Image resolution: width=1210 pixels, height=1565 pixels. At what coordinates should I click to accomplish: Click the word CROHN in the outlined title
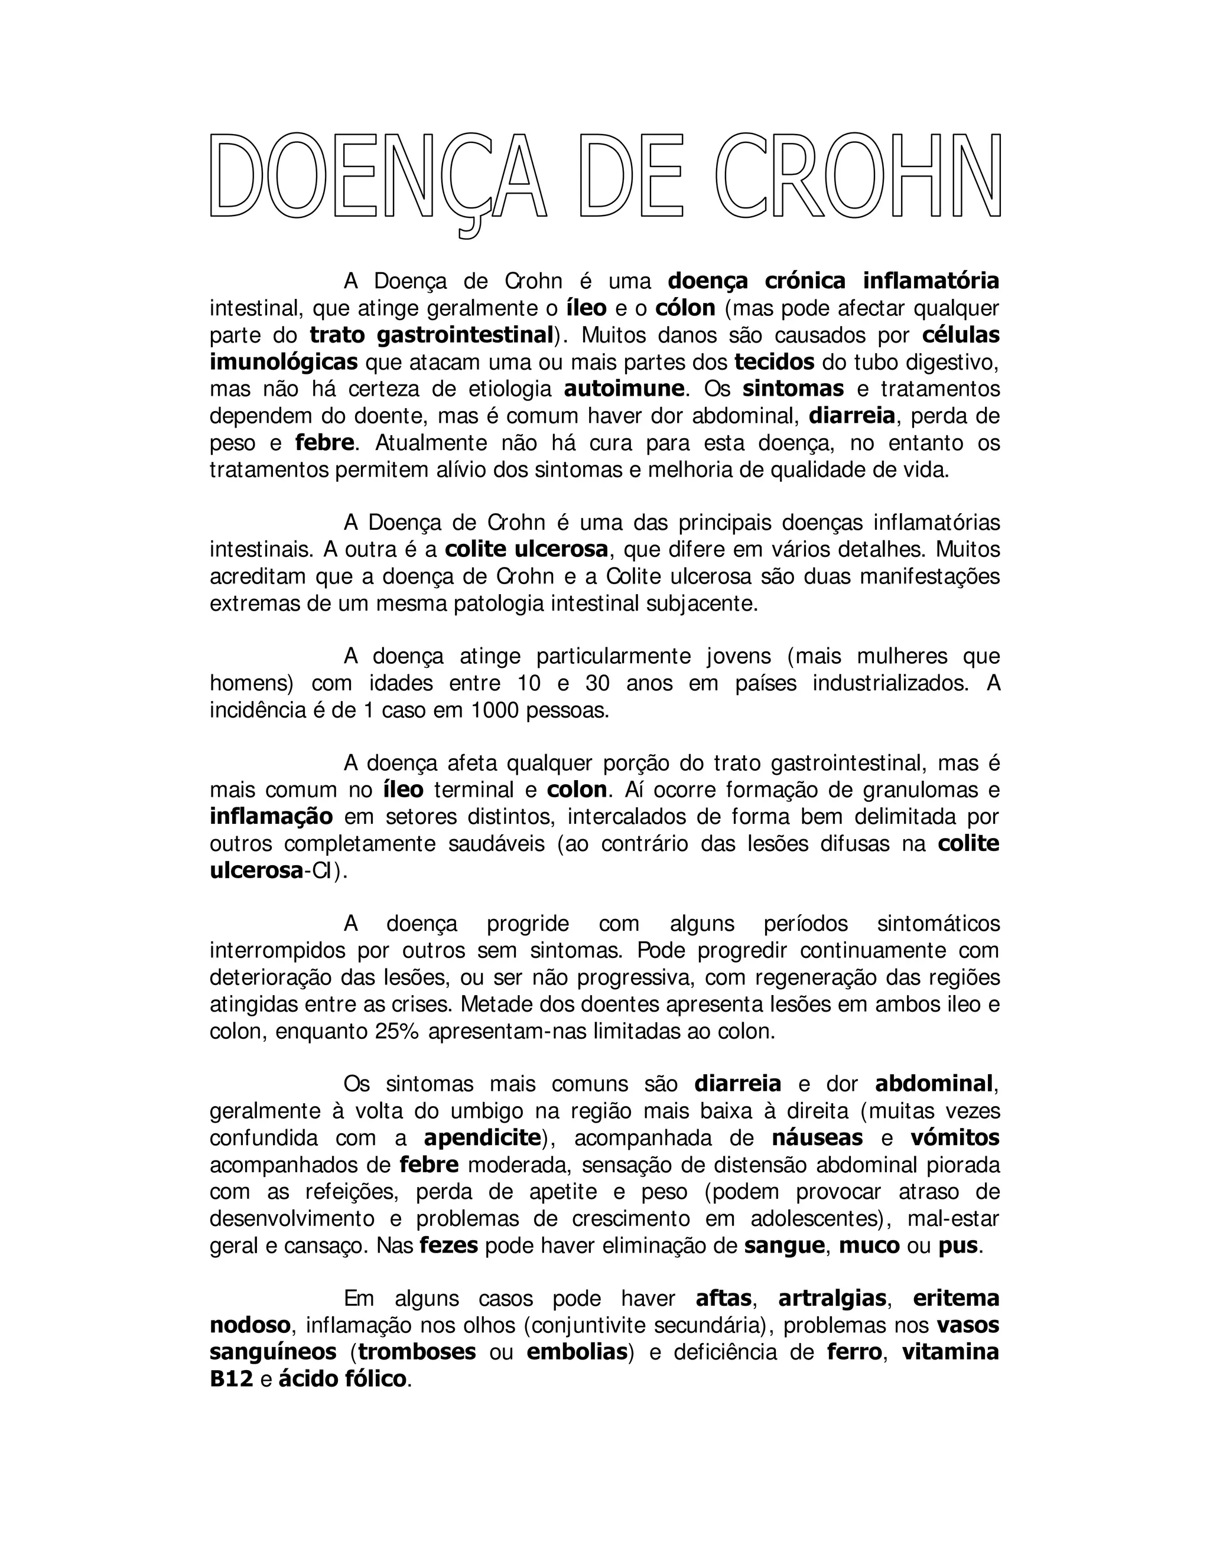pyautogui.click(x=857, y=175)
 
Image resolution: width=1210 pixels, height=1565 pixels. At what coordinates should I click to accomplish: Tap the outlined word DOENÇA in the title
pyautogui.click(x=378, y=175)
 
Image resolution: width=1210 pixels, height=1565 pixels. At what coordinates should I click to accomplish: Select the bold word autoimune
pyautogui.click(x=624, y=389)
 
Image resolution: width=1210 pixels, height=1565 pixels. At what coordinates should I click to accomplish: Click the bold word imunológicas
pyautogui.click(x=283, y=362)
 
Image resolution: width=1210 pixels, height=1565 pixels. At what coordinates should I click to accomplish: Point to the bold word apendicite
pyautogui.click(x=482, y=1137)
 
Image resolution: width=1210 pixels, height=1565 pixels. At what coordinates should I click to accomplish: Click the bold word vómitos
pyautogui.click(x=955, y=1137)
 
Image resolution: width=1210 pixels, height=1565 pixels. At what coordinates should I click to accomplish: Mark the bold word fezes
pyautogui.click(x=449, y=1245)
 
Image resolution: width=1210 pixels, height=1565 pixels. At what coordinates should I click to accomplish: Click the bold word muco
pyautogui.click(x=869, y=1245)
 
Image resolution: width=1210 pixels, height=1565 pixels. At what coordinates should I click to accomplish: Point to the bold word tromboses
pyautogui.click(x=417, y=1351)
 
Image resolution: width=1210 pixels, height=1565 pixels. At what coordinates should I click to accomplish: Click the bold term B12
pyautogui.click(x=232, y=1379)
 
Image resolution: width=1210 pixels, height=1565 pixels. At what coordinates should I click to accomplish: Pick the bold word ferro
pyautogui.click(x=854, y=1351)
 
